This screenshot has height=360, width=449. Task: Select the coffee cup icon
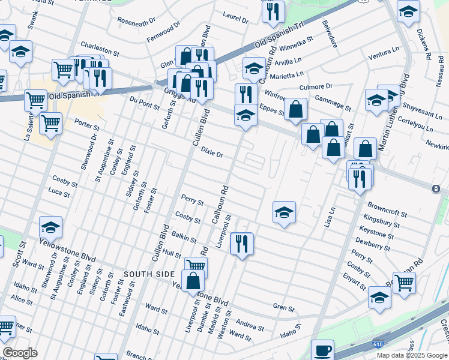pos(322,349)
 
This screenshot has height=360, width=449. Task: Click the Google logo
pos(19,353)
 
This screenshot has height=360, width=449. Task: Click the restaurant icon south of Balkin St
pos(242,244)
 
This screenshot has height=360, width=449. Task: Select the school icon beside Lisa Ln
pos(284,212)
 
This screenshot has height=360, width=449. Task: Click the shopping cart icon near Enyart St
pos(404,281)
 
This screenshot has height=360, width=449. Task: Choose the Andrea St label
pos(250,326)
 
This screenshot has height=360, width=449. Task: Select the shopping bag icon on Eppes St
pos(295,109)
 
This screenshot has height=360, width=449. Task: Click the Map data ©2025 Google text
pos(412,355)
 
